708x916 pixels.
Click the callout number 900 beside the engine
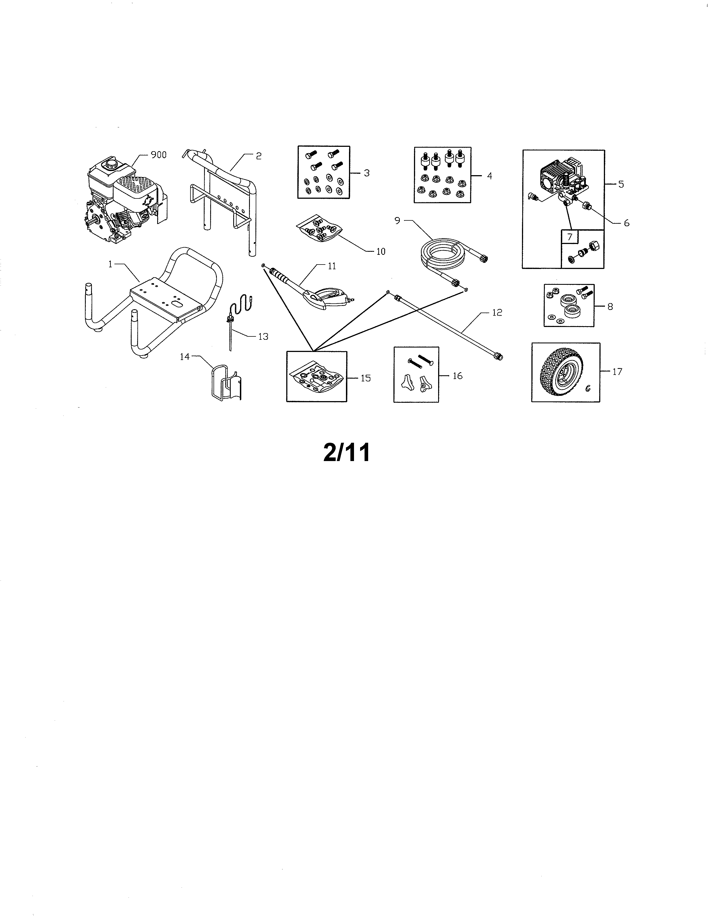159,155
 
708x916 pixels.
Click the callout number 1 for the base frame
110,265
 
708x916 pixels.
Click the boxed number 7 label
569,237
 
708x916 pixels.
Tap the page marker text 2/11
347,453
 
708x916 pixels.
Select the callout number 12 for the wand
497,313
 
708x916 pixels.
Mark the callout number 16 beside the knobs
458,376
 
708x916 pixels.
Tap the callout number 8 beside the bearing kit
610,307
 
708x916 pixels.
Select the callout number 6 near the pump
627,223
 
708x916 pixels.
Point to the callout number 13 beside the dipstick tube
263,336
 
